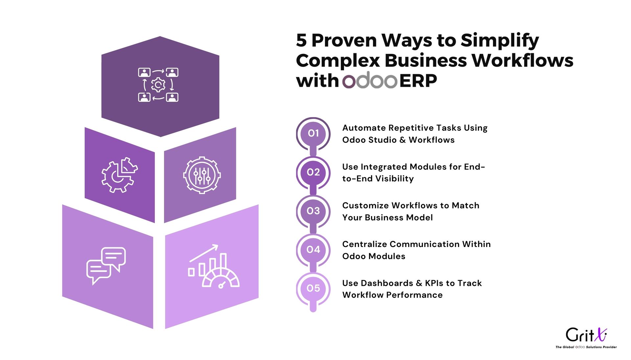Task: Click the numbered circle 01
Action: (x=313, y=133)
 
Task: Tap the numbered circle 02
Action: (x=313, y=172)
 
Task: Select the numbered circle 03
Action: (x=313, y=211)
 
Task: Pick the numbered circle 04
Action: (x=313, y=250)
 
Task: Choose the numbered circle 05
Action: (x=313, y=288)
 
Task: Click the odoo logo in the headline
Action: (x=370, y=80)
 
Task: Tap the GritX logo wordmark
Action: (x=586, y=335)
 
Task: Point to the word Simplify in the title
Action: (x=500, y=41)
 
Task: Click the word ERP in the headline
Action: (x=418, y=80)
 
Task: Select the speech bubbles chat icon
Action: (x=106, y=266)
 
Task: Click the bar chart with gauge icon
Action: (x=214, y=266)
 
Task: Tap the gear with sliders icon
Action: (x=202, y=175)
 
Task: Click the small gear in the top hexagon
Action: (x=158, y=85)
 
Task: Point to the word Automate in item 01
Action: (x=364, y=128)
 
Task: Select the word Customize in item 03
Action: (x=366, y=206)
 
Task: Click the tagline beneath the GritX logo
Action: (x=586, y=347)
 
